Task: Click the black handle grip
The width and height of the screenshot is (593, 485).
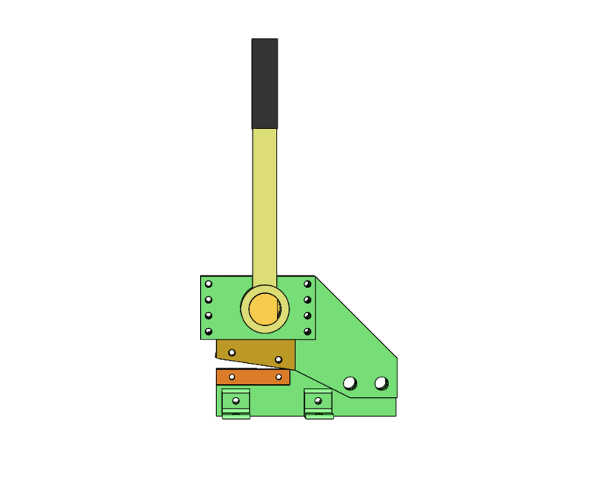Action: pyautogui.click(x=265, y=83)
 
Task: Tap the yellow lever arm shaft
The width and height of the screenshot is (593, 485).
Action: pyautogui.click(x=265, y=205)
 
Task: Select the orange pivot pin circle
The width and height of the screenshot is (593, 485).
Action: pyautogui.click(x=265, y=309)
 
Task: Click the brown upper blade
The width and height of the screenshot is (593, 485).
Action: pyautogui.click(x=256, y=352)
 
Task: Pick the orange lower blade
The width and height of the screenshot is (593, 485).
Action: pyautogui.click(x=253, y=377)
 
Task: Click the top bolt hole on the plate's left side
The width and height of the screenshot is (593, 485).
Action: pyautogui.click(x=209, y=284)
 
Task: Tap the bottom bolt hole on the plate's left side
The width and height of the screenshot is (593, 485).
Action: pyautogui.click(x=209, y=331)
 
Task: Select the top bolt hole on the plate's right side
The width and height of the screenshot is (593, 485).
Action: pyautogui.click(x=307, y=284)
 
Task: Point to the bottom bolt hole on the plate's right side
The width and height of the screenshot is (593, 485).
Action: pyautogui.click(x=307, y=331)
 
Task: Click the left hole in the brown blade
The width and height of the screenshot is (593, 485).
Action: pyautogui.click(x=232, y=352)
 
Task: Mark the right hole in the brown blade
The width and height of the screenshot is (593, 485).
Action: pyautogui.click(x=278, y=359)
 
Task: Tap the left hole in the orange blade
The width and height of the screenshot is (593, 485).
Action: pyautogui.click(x=232, y=377)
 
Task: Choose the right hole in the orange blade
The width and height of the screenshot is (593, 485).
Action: pyautogui.click(x=278, y=377)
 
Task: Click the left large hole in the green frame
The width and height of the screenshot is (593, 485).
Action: pyautogui.click(x=350, y=383)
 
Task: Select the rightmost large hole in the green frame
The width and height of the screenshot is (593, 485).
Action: pyautogui.click(x=381, y=383)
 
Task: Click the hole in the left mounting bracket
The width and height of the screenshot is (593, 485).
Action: pyautogui.click(x=236, y=400)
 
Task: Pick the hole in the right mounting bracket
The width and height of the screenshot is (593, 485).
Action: pyautogui.click(x=318, y=400)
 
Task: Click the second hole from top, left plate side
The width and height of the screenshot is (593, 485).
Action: pyautogui.click(x=209, y=300)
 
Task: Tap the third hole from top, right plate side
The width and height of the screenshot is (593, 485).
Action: pyautogui.click(x=307, y=316)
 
